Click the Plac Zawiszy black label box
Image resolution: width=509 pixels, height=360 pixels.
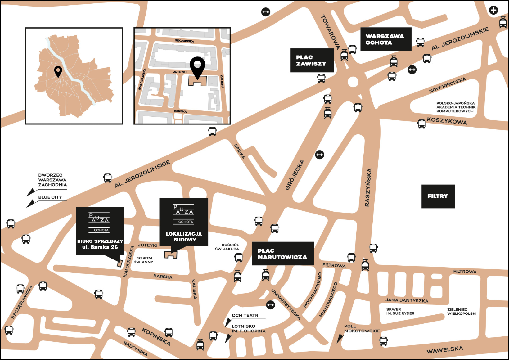pos(312,61)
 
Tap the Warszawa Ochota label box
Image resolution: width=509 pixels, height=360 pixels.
pos(385,39)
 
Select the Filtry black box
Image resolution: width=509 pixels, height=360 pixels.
pos(438,196)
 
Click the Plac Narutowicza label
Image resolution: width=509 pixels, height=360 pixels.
pos(282,254)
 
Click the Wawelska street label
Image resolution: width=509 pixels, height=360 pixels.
pos(445,350)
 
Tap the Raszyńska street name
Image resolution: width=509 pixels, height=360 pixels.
pos(368,187)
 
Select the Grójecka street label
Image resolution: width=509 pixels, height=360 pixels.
pos(295,175)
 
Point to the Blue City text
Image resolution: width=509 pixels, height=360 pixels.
pos(50,197)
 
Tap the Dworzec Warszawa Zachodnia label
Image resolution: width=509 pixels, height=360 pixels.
pos(52,180)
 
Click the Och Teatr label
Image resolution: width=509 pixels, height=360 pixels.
pos(245,315)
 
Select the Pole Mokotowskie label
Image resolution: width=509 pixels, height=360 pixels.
pos(362,328)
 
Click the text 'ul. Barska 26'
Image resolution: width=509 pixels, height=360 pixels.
pos(100,247)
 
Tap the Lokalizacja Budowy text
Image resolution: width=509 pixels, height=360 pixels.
pos(184,236)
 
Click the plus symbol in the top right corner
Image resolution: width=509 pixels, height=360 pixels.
pos(493,10)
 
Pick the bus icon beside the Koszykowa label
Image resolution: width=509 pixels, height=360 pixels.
pos(421,124)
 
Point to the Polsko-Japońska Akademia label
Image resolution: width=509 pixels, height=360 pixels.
pos(456,107)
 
